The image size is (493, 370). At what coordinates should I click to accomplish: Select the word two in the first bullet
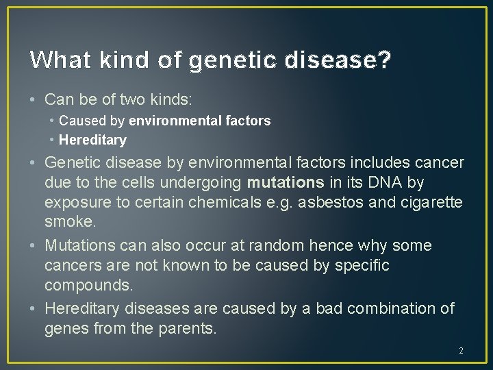click(x=129, y=99)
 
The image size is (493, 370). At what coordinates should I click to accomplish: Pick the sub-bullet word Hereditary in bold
click(x=92, y=140)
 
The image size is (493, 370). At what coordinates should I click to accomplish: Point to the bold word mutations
click(x=286, y=182)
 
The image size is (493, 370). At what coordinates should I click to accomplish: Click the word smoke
click(x=69, y=221)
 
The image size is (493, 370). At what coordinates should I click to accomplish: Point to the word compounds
click(x=83, y=284)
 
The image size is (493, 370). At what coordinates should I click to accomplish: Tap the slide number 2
click(x=461, y=351)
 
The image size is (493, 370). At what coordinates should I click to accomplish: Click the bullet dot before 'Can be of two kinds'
click(x=34, y=100)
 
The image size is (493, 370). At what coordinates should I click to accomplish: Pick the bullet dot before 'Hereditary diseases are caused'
click(x=34, y=309)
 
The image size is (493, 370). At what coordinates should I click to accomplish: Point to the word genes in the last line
click(x=64, y=328)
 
